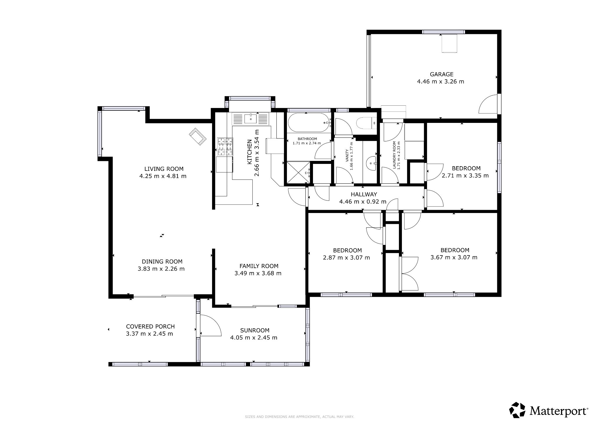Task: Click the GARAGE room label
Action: coord(441,74)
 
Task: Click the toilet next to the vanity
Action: coord(366,123)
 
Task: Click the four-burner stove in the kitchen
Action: coord(225,147)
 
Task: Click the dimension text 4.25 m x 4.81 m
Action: coord(163,176)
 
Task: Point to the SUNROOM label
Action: coord(255,330)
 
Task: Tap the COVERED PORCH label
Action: coord(150,327)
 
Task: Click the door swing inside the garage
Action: coord(488,104)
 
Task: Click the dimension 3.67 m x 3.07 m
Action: coord(454,258)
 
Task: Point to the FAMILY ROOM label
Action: coord(259,266)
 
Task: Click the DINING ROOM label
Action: coord(162,262)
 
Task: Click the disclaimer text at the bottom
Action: coord(299,417)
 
